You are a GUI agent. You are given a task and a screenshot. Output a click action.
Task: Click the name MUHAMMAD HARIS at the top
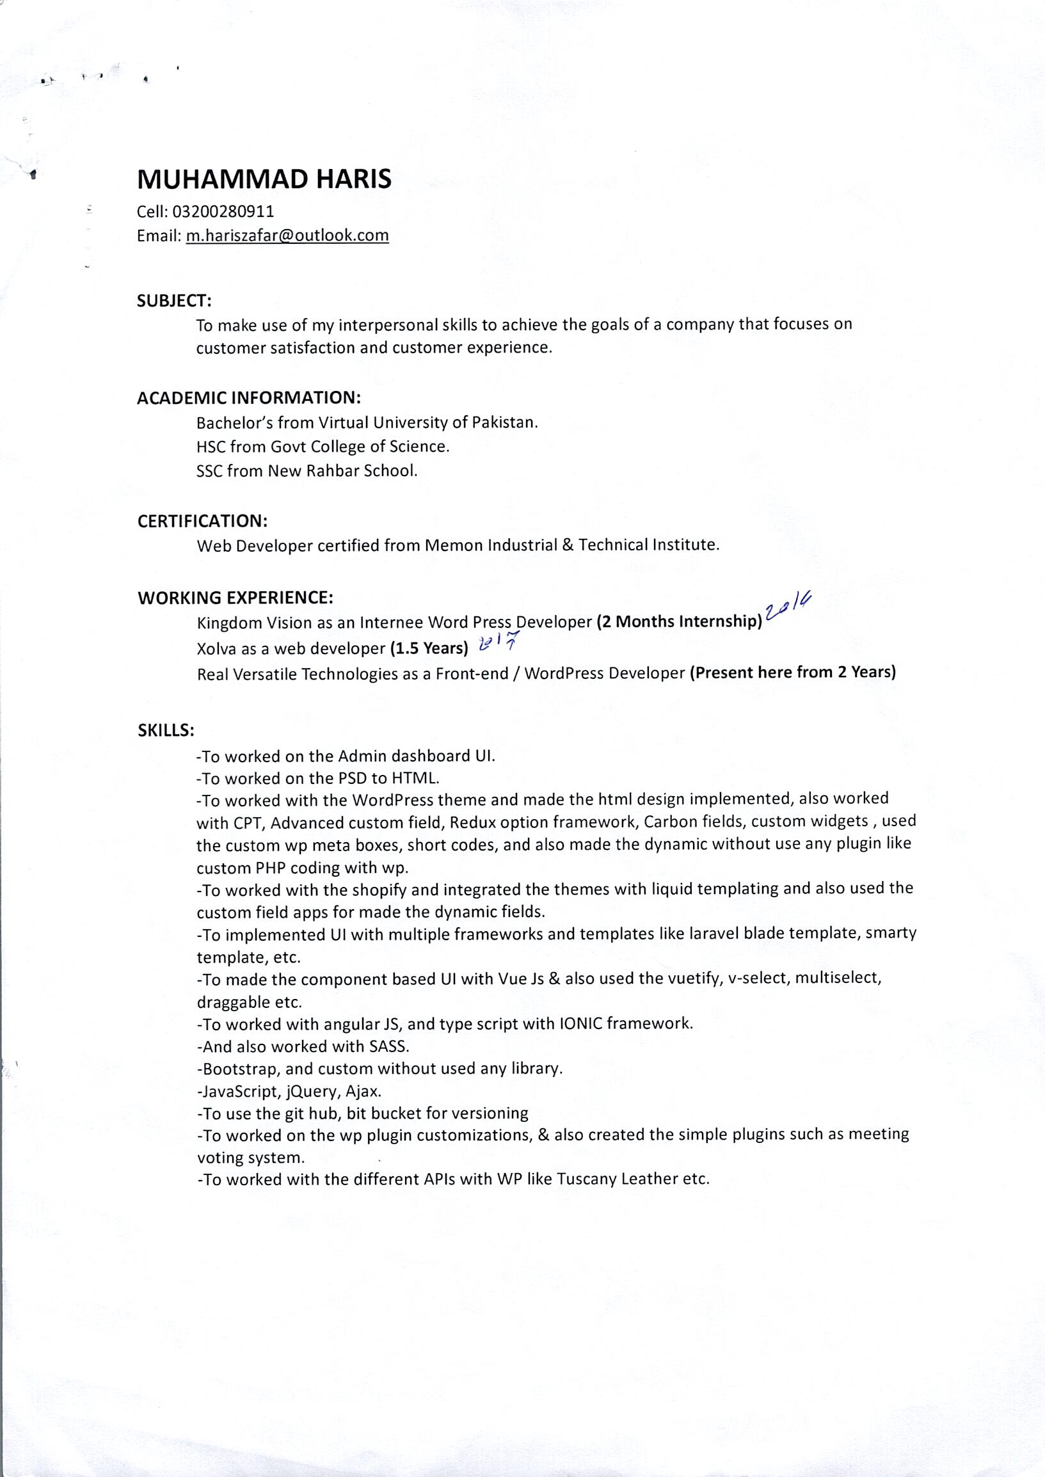pyautogui.click(x=264, y=180)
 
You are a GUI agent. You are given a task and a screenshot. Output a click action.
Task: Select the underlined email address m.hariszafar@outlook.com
pyautogui.click(x=287, y=236)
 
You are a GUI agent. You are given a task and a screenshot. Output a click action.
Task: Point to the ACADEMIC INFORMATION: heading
pyautogui.click(x=248, y=398)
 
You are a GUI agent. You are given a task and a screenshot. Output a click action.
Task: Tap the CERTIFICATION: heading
pyautogui.click(x=202, y=521)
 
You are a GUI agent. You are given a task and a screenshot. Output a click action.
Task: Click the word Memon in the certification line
pyautogui.click(x=454, y=546)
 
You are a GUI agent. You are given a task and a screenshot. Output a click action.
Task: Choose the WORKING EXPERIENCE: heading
pyautogui.click(x=235, y=598)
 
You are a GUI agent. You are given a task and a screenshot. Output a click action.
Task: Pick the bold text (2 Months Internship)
pyautogui.click(x=680, y=621)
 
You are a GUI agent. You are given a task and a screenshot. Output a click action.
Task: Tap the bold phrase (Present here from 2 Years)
pyautogui.click(x=793, y=673)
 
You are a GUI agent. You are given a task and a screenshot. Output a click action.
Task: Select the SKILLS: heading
pyautogui.click(x=166, y=730)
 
